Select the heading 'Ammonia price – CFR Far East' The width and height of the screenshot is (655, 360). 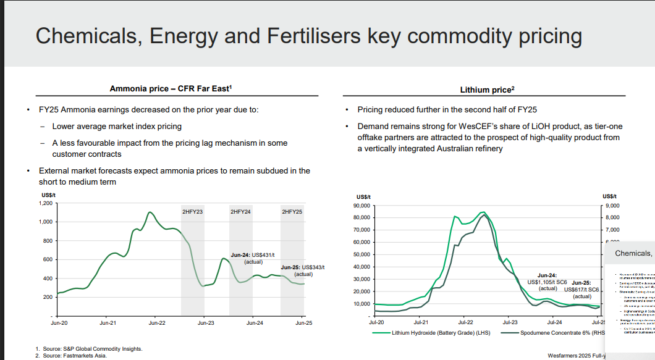[170, 89]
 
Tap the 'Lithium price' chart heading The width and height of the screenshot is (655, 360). [487, 90]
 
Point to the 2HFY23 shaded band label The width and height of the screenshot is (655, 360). [193, 212]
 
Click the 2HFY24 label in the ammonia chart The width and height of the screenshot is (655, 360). [240, 212]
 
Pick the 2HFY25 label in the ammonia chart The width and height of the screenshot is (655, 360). [292, 212]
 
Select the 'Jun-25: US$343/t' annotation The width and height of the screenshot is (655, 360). [303, 267]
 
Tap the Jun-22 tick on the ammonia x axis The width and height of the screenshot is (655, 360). [157, 322]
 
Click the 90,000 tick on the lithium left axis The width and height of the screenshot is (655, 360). [360, 205]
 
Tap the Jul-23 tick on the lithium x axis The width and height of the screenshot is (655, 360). [510, 322]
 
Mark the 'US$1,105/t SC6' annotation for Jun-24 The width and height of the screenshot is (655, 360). [547, 282]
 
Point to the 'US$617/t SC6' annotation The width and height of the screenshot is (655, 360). [582, 289]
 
